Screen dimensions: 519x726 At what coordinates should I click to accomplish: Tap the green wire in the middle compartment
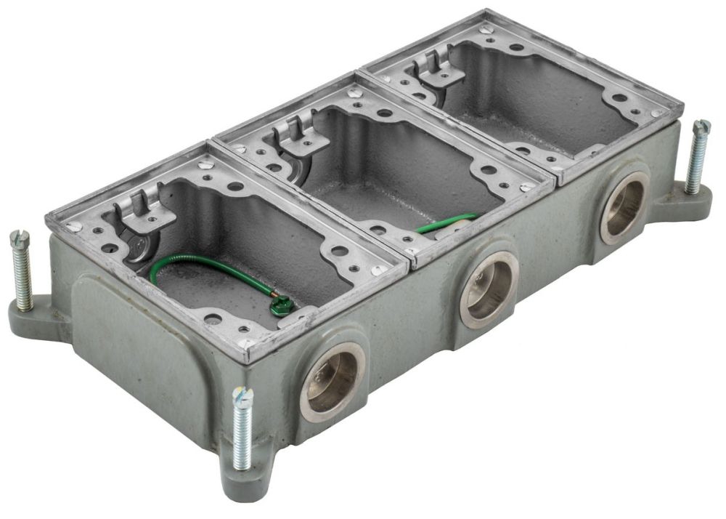[446, 222]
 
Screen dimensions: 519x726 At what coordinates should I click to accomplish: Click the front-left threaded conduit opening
[333, 382]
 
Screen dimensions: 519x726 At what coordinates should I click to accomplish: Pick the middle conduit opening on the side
[488, 289]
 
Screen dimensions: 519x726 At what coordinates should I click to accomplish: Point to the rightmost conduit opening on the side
[624, 206]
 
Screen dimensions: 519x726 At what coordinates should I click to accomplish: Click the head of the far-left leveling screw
[19, 238]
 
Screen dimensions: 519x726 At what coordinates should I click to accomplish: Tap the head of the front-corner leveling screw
[242, 396]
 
